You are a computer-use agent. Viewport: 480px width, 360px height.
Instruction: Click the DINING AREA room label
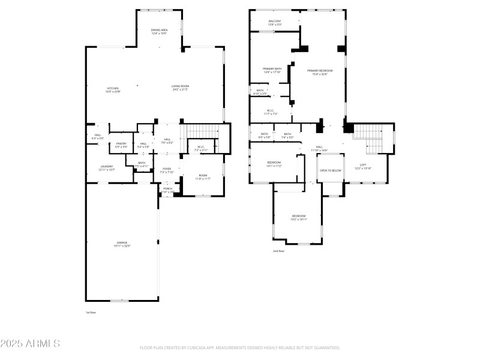tap(158, 30)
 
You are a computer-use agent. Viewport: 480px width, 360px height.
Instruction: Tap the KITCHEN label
tap(113, 88)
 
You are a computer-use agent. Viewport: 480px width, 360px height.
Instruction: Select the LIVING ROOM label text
tap(180, 86)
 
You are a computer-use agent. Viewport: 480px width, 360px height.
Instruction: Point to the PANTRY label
tap(121, 143)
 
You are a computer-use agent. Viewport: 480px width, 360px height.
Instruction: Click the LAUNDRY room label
tap(106, 167)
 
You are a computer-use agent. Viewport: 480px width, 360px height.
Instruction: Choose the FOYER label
tap(167, 169)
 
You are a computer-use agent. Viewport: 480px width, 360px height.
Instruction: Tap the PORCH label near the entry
tap(167, 189)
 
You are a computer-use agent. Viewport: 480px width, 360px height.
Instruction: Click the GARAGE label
tap(122, 242)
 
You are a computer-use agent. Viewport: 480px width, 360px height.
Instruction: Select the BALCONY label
tap(275, 21)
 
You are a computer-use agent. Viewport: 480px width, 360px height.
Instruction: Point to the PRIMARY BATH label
tap(272, 69)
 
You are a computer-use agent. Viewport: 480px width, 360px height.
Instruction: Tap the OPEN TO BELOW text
tap(331, 170)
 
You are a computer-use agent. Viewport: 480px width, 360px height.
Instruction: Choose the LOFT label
tap(363, 165)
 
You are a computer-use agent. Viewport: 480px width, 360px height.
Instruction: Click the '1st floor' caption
tap(91, 313)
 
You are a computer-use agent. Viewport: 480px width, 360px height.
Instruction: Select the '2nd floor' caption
tap(278, 251)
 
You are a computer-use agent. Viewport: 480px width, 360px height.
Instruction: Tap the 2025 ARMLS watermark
tap(30, 344)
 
